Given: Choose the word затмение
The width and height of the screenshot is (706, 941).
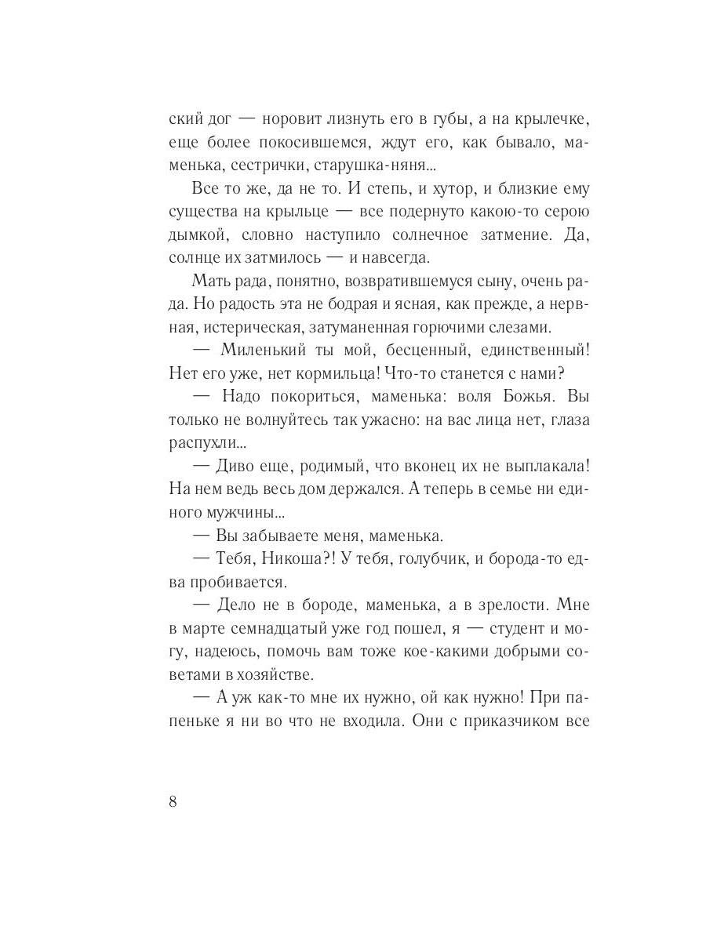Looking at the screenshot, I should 508,235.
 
